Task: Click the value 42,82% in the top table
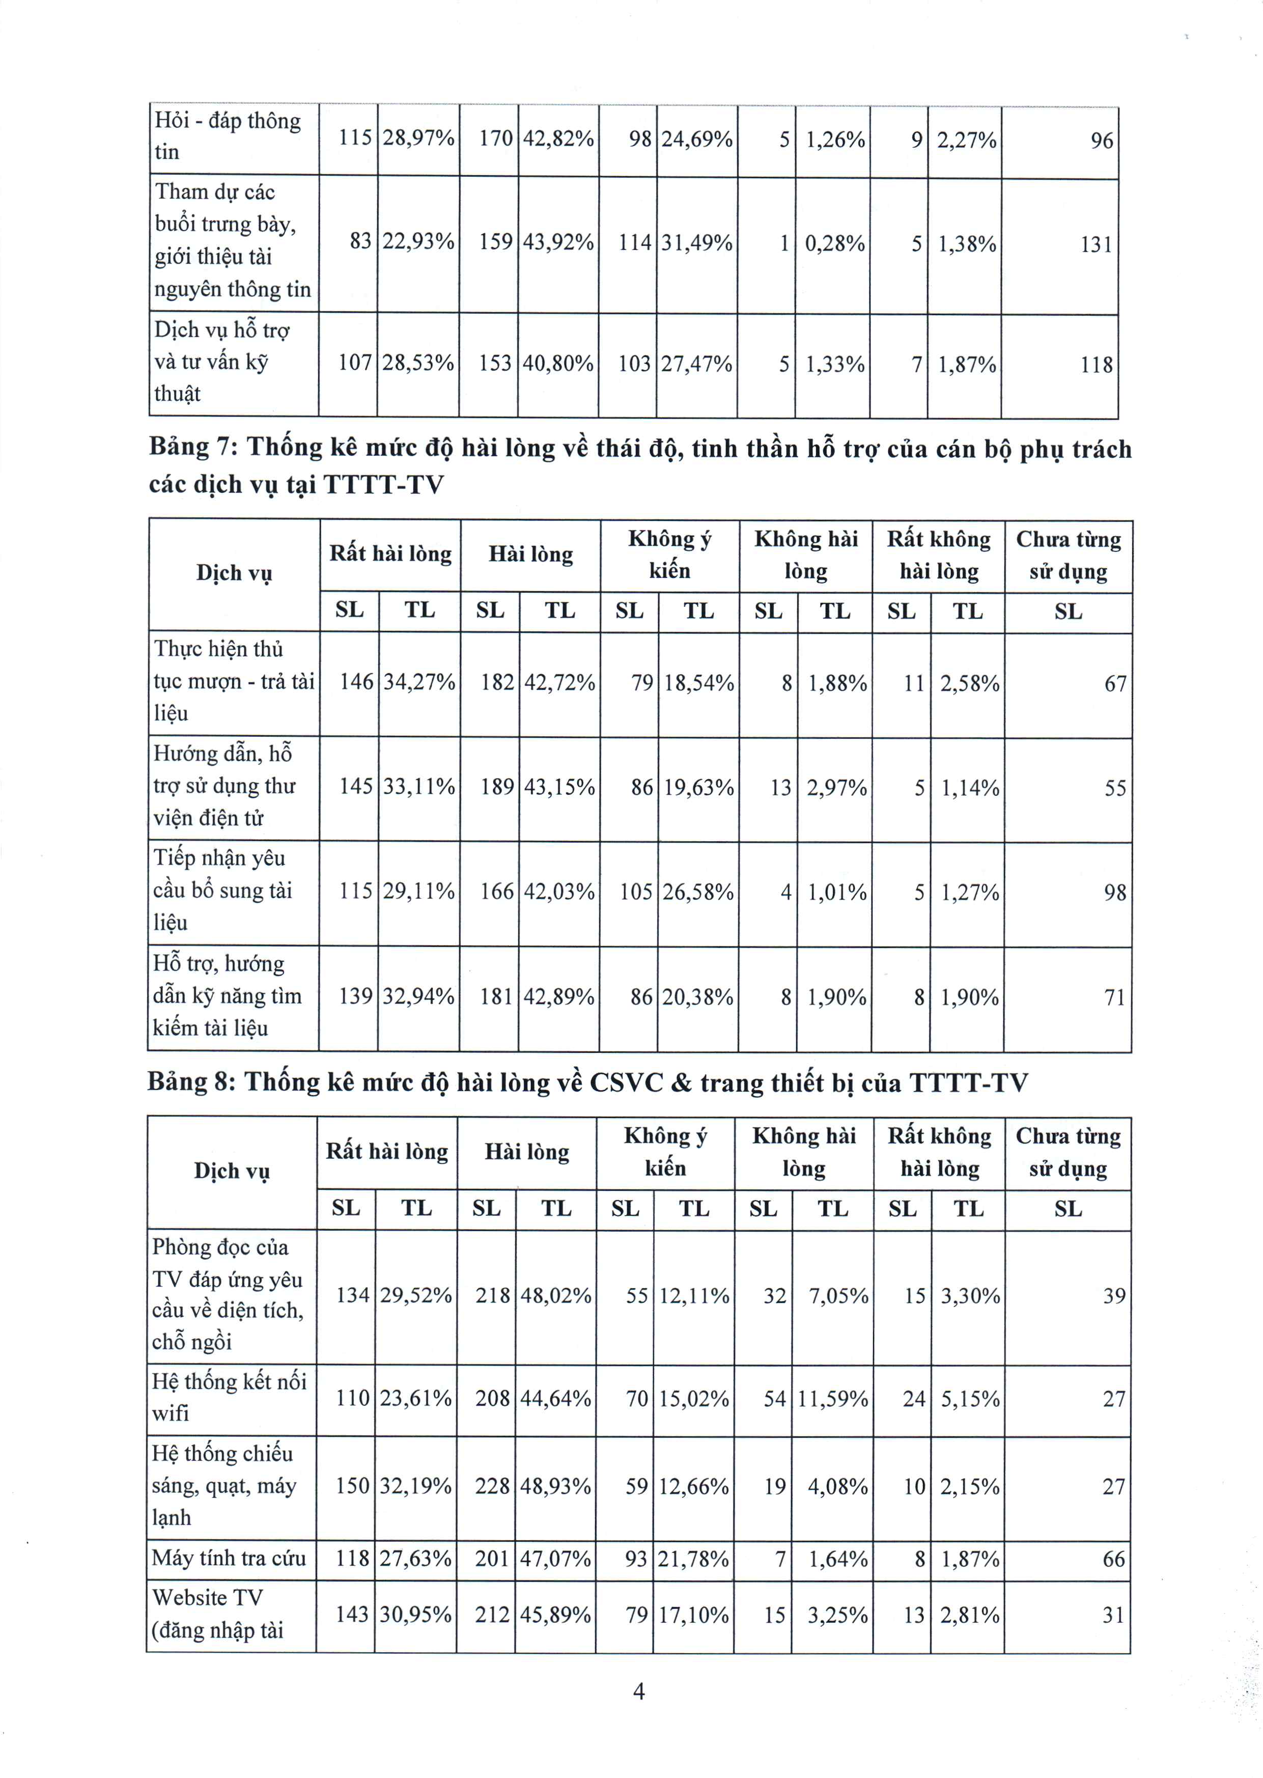pyautogui.click(x=557, y=139)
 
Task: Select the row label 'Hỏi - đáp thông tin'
pyautogui.click(x=227, y=136)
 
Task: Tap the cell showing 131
pyautogui.click(x=1097, y=244)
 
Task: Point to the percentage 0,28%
pyautogui.click(x=834, y=243)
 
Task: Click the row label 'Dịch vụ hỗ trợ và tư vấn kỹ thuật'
pyautogui.click(x=221, y=362)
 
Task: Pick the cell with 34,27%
pyautogui.click(x=419, y=683)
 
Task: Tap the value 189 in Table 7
pyautogui.click(x=497, y=787)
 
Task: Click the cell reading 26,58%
pyautogui.click(x=697, y=892)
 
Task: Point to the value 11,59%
pyautogui.click(x=833, y=1399)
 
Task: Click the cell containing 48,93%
pyautogui.click(x=555, y=1486)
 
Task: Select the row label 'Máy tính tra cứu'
pyautogui.click(x=229, y=1558)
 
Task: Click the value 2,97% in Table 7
pyautogui.click(x=836, y=788)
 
